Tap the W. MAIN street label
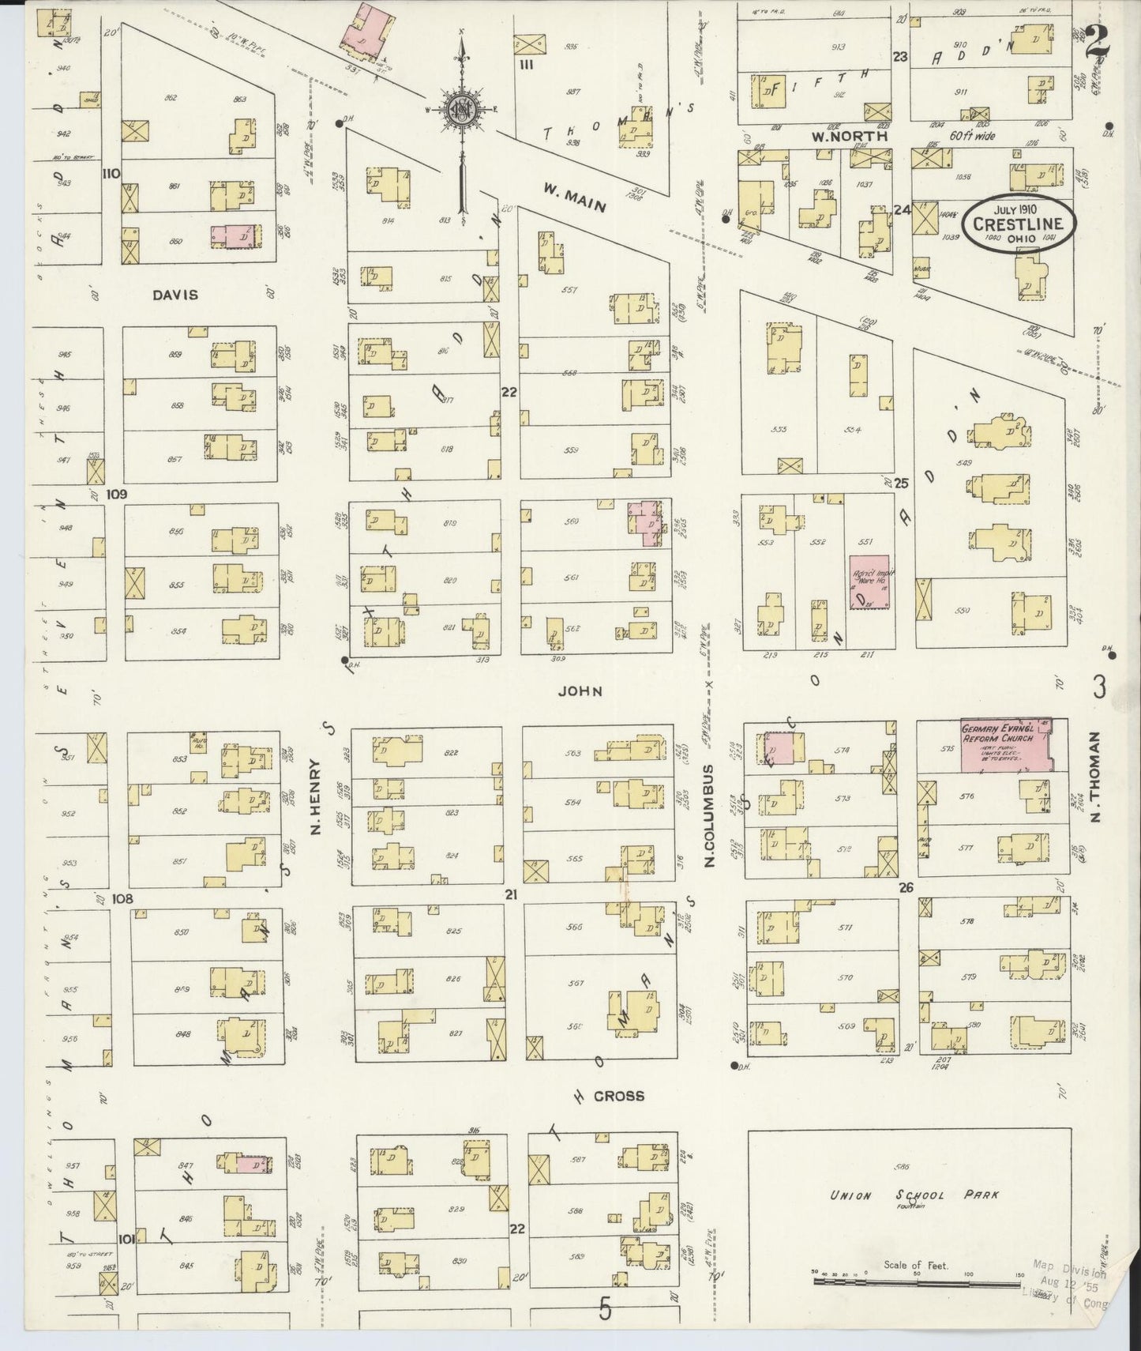tap(574, 198)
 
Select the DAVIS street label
tap(175, 295)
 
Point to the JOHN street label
tap(580, 691)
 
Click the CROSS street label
tap(619, 1096)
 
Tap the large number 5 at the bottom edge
tap(605, 1311)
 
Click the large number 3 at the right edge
tap(1099, 688)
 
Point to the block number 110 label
tap(111, 173)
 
